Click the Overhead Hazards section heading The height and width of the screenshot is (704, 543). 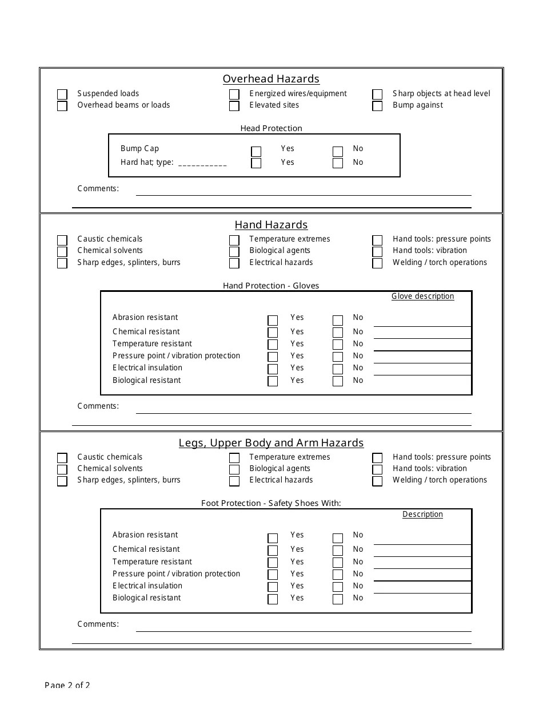click(271, 79)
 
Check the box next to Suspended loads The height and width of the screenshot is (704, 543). click(62, 94)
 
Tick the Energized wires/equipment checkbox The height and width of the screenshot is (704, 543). click(234, 94)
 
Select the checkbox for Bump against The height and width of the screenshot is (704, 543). click(377, 106)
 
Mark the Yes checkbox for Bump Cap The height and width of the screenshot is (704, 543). click(256, 152)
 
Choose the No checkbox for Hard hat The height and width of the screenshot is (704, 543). click(338, 164)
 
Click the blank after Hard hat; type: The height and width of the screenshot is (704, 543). click(202, 163)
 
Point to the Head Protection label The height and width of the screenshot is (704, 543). click(271, 128)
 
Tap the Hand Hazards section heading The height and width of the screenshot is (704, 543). click(271, 225)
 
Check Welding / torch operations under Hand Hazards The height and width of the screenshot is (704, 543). click(377, 264)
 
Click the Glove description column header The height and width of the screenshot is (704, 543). click(422, 296)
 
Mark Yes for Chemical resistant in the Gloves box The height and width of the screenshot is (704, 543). click(273, 333)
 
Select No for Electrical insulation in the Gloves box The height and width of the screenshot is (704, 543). click(338, 369)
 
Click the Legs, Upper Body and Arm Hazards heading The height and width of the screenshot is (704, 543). click(271, 443)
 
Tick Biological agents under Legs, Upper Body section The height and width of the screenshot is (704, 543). click(234, 470)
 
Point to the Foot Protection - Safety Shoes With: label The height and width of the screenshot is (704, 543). click(271, 503)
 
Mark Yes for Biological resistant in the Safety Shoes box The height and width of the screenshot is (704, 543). click(273, 599)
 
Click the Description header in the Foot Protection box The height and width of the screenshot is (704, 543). click(422, 514)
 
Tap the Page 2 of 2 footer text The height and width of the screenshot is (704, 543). click(67, 685)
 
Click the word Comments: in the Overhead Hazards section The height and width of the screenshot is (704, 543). click(98, 188)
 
